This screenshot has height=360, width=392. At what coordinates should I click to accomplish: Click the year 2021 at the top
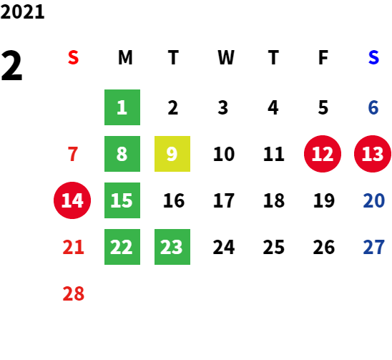coord(22,12)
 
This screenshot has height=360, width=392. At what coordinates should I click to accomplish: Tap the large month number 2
coord(11,66)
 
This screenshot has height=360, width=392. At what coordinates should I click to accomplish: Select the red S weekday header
coord(74,57)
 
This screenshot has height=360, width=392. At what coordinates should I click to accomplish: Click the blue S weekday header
coord(373,57)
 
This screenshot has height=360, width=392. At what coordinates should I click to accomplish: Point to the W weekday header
coord(226,57)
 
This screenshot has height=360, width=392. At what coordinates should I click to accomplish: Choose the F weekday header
coord(323,57)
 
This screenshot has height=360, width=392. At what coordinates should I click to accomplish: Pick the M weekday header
coord(125,57)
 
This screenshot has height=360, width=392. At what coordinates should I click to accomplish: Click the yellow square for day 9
coord(172,154)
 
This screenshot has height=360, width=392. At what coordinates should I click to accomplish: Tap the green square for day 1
coord(122,107)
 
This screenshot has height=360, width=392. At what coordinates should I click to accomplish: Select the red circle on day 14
coord(72,200)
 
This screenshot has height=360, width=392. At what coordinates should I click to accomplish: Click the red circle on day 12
coord(323,154)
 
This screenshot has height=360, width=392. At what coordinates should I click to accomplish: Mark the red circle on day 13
coord(373,154)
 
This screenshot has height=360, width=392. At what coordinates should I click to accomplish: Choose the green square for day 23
coord(172,247)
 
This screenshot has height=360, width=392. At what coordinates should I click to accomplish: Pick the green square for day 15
coord(122,200)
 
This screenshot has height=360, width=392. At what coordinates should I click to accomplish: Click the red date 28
coord(74,293)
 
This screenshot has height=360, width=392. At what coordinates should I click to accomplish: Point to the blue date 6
coord(373,107)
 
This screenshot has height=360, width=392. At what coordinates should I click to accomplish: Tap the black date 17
coord(224,200)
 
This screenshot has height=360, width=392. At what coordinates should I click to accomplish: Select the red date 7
coord(73,154)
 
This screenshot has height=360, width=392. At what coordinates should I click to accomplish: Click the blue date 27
coord(373,247)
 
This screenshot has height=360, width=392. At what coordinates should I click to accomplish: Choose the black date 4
coord(273,107)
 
